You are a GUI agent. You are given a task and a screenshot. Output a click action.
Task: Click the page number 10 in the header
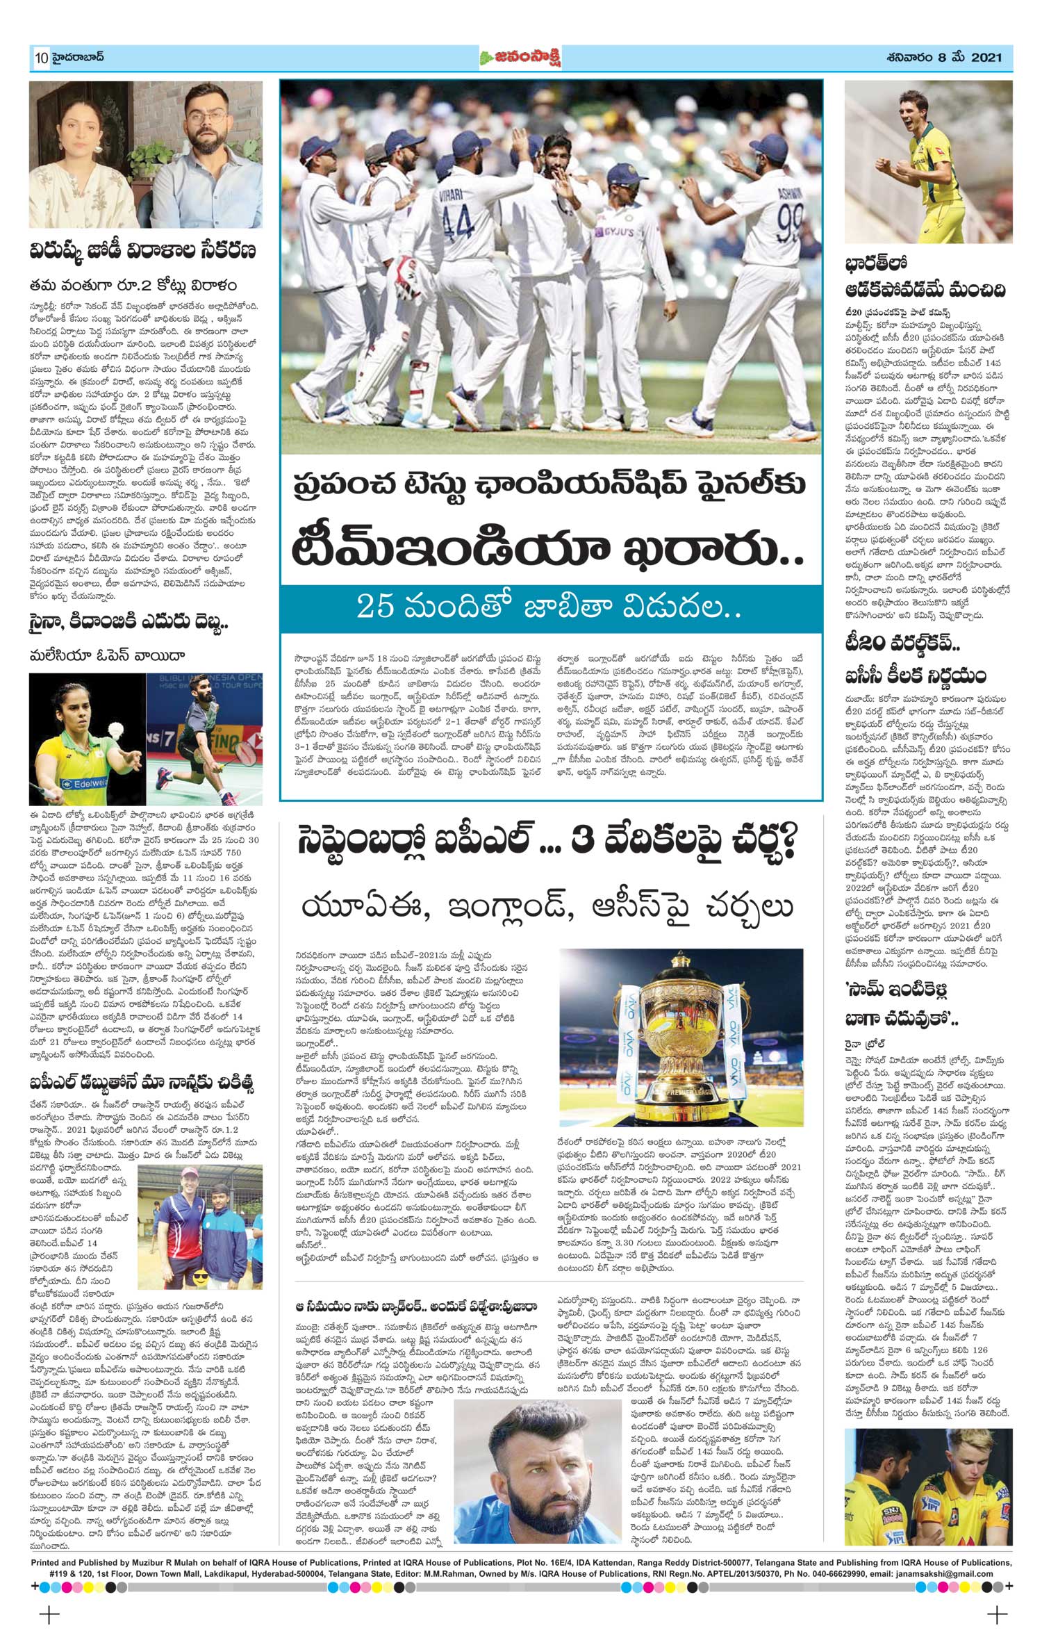(38, 58)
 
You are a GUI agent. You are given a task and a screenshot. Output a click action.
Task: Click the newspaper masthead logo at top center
(520, 58)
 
